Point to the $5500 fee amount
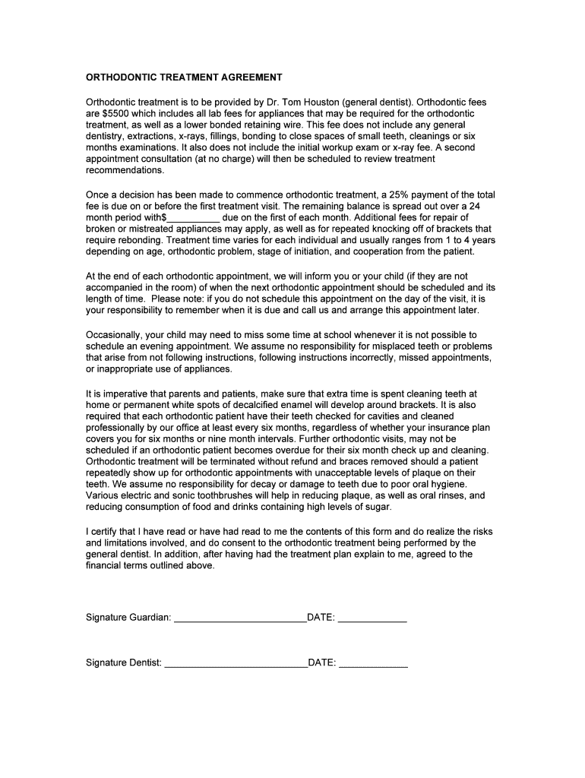coord(117,113)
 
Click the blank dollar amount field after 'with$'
coord(193,217)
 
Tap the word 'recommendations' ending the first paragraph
coord(125,170)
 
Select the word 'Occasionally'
coord(114,334)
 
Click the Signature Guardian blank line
coord(239,618)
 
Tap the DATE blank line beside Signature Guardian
coord(372,618)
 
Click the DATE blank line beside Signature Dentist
coord(372,663)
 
